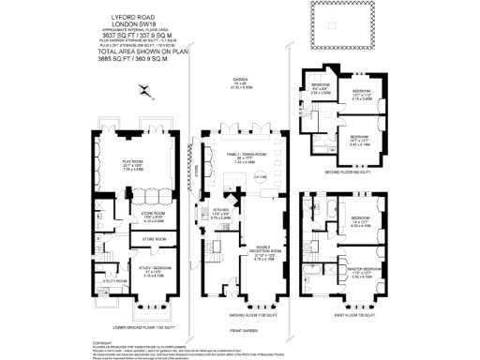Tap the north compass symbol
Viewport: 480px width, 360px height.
[x=142, y=91]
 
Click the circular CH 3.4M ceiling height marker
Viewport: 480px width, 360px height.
[x=238, y=176]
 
